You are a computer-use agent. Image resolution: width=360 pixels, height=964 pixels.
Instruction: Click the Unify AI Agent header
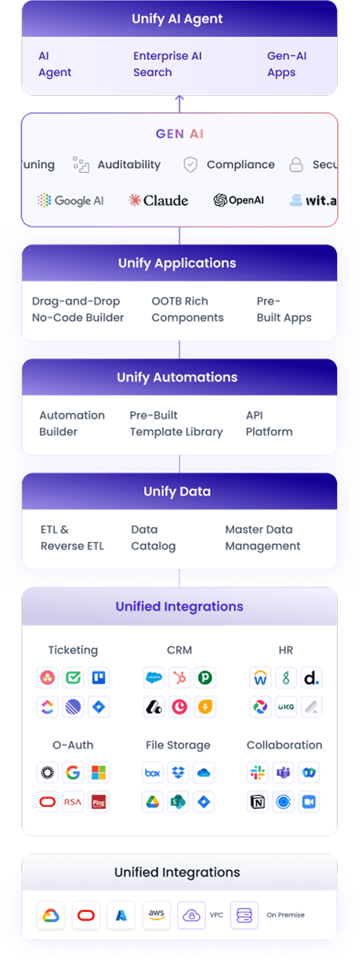click(x=177, y=19)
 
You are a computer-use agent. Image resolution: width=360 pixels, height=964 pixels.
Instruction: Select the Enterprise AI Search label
click(x=167, y=64)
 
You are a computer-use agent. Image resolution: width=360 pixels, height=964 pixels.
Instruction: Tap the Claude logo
click(x=158, y=200)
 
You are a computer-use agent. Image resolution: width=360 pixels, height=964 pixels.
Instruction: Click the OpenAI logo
click(x=239, y=200)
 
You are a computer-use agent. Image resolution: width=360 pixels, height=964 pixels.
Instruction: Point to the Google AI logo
click(x=71, y=200)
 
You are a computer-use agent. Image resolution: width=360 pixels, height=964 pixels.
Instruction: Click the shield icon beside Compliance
click(x=190, y=164)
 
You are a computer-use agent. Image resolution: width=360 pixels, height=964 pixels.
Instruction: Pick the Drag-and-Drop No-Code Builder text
click(x=77, y=309)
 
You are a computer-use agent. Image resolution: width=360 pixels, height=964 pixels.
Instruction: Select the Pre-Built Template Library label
click(x=176, y=423)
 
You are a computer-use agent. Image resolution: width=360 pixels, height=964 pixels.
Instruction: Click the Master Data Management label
click(x=262, y=538)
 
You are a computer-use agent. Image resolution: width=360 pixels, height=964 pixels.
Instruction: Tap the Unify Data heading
click(x=177, y=491)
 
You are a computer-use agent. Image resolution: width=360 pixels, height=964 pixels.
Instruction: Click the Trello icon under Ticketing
click(x=98, y=678)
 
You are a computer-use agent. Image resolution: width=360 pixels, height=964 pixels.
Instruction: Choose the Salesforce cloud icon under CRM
click(x=154, y=678)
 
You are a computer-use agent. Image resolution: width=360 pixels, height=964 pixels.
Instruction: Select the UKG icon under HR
click(x=286, y=707)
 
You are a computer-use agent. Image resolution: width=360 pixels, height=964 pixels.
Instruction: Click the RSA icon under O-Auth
click(x=73, y=802)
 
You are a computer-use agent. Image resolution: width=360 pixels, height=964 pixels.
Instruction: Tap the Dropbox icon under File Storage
click(x=178, y=773)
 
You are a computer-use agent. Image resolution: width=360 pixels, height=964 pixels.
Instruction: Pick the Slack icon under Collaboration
click(x=257, y=773)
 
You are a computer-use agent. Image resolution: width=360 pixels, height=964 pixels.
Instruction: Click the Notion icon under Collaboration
click(x=257, y=802)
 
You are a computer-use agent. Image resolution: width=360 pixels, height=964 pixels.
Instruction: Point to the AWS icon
click(x=156, y=915)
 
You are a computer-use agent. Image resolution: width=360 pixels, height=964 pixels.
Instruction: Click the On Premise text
click(x=285, y=915)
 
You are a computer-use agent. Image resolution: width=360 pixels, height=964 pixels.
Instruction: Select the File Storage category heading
click(x=178, y=745)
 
